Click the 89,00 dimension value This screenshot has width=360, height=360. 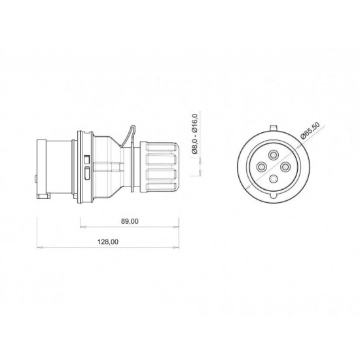[130, 222]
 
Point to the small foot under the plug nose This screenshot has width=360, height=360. [45, 194]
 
